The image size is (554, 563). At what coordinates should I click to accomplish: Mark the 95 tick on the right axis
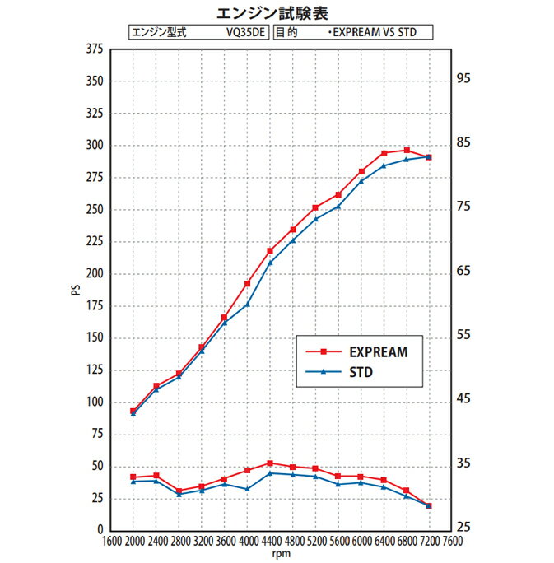[463, 79]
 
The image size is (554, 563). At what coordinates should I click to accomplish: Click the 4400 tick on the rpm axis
[271, 542]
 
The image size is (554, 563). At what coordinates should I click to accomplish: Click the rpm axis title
[282, 554]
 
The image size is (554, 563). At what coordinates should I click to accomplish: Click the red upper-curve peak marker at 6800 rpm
[407, 151]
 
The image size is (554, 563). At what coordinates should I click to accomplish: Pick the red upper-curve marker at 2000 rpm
[133, 411]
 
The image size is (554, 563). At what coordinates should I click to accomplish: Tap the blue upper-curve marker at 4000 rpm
[247, 305]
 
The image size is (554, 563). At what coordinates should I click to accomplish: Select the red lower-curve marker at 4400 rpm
[270, 463]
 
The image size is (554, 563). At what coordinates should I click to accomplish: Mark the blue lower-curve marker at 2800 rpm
[179, 494]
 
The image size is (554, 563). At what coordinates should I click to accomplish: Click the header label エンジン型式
[160, 34]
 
